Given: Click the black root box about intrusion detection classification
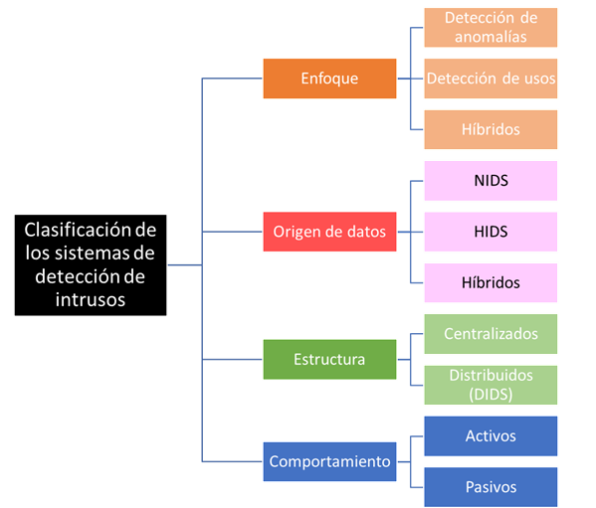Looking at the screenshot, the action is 91,265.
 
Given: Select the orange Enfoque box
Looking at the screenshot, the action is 329,79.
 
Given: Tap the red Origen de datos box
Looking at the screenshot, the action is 329,232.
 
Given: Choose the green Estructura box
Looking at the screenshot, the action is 329,359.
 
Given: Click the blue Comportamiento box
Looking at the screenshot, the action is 329,461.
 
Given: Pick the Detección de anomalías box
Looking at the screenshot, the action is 491,27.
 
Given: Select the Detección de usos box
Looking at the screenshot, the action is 491,79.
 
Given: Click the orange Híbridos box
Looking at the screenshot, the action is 491,129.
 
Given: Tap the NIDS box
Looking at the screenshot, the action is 491,181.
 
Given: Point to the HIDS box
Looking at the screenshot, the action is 491,232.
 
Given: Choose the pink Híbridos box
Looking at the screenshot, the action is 491,283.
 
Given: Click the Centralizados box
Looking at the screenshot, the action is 491,334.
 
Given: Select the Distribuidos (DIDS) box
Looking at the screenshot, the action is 491,385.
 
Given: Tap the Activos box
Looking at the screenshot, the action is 491,436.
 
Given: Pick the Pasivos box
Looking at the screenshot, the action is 491,487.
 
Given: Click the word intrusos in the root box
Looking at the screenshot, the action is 91,299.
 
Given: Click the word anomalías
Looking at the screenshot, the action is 491,37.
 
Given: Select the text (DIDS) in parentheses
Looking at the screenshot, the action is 491,394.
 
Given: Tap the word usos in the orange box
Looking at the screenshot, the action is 540,79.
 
